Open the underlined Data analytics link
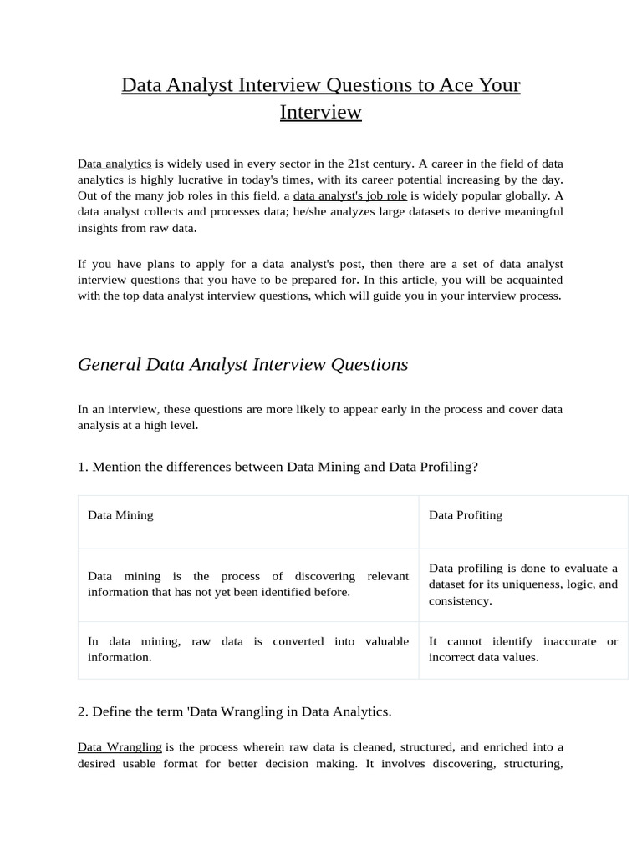tap(115, 164)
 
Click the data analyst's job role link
tap(350, 195)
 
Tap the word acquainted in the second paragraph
tap(532, 280)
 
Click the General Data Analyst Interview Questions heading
tap(242, 364)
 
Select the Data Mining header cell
tap(120, 515)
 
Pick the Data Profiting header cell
tap(466, 515)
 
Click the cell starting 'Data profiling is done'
tap(522, 584)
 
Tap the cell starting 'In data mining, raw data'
tap(247, 649)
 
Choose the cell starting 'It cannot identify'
tap(522, 649)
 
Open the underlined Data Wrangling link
tap(120, 746)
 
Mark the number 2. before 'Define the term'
tap(83, 711)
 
